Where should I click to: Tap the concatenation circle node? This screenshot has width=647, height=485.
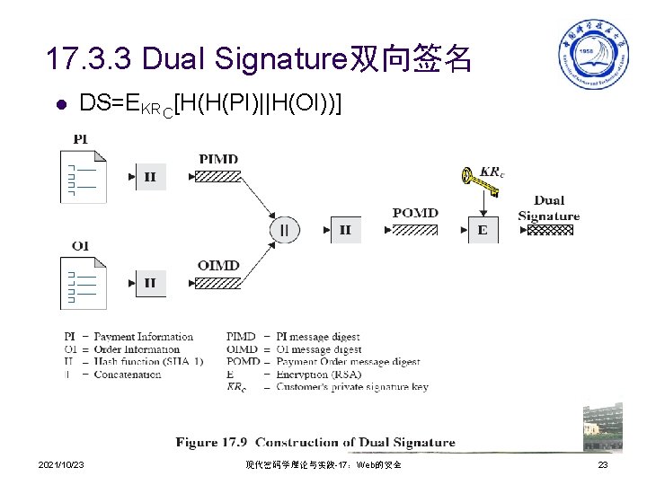tap(285, 230)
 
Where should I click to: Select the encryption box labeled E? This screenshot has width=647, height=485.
tap(483, 230)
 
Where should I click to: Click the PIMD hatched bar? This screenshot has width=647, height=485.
tap(219, 176)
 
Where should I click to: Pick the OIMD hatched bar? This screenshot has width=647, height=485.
tap(219, 283)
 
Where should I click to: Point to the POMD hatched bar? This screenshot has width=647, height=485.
tap(414, 230)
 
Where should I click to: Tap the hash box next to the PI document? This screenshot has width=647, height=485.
tap(150, 177)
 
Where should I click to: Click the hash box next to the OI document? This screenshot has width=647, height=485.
tap(150, 283)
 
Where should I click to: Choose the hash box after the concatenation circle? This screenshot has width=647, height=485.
tap(345, 230)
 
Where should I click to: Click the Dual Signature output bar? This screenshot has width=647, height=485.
tap(549, 229)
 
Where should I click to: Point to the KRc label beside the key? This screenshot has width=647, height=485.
tap(491, 171)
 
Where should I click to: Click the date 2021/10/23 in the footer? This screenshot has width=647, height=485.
tap(62, 464)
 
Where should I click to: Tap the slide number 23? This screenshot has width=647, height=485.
tap(603, 464)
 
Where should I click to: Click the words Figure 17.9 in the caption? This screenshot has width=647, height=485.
tap(211, 442)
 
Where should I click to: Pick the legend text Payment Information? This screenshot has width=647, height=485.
tap(144, 337)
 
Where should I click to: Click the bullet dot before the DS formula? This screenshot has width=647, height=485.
tap(60, 104)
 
